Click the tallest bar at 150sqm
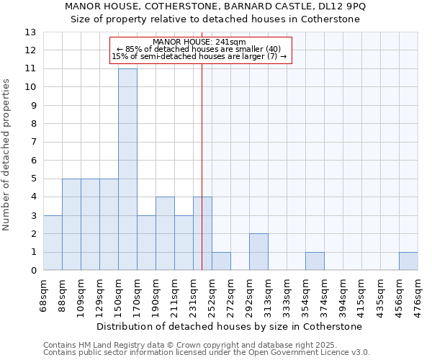(127, 169)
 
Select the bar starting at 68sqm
(53, 243)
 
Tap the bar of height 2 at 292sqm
(258, 252)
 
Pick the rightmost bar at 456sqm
(408, 261)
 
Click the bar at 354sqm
(315, 261)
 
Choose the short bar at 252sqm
(221, 261)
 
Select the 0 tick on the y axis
(33, 271)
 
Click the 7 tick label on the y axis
(33, 142)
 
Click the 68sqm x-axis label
(43, 295)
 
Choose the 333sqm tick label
(287, 295)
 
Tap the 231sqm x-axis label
(193, 295)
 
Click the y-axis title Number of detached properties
(7, 154)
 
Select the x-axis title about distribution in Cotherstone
(230, 326)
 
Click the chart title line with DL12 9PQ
(215, 6)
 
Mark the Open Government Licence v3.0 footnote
(207, 353)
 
